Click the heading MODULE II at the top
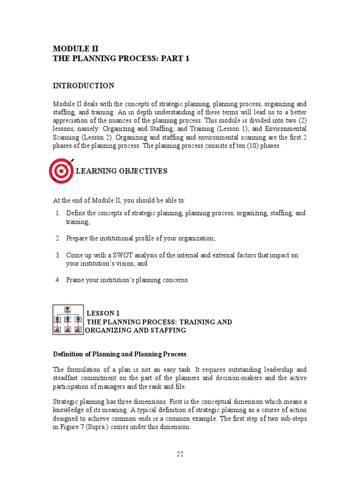[75, 48]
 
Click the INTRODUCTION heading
[83, 86]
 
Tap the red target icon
[61, 171]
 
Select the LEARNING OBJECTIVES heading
[121, 171]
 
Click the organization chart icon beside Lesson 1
[68, 320]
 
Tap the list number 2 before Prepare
[57, 239]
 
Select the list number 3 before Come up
[57, 255]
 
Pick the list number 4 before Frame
[57, 280]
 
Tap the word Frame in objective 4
[75, 280]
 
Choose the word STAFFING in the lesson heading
[170, 330]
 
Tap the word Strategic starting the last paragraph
[66, 402]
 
